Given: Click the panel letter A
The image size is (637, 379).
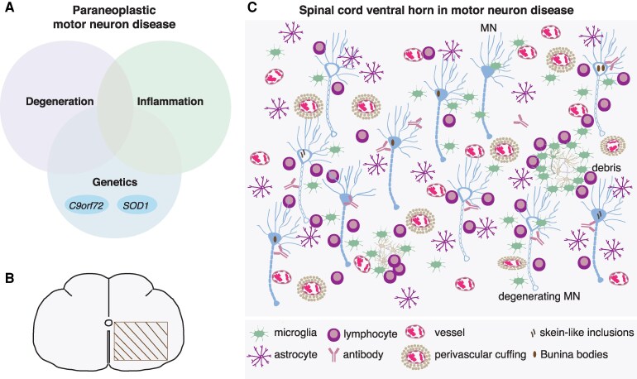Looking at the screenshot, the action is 8,7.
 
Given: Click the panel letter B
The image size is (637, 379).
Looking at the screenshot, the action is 9,278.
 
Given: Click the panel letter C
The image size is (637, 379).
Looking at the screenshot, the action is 251,7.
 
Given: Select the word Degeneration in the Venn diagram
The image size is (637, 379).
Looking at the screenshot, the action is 60,101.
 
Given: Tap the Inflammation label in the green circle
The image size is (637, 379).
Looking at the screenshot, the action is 170,101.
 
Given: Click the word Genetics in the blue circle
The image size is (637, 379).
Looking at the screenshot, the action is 114,182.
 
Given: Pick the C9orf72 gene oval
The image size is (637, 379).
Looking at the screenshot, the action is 86,205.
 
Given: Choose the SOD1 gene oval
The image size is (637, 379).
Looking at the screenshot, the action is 136,205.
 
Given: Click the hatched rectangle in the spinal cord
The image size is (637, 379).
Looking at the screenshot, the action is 141,341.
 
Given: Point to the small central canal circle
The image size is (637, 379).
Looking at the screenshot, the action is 108,323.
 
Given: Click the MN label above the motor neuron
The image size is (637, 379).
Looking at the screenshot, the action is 487,27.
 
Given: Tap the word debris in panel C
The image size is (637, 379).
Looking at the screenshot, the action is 606,167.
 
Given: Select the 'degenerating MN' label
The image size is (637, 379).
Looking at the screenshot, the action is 539,296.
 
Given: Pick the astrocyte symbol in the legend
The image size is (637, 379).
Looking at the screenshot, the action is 259,356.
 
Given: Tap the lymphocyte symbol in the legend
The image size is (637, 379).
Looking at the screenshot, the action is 333,334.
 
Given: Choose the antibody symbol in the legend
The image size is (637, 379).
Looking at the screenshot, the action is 333,356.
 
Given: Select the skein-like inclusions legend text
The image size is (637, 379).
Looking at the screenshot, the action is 587,333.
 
